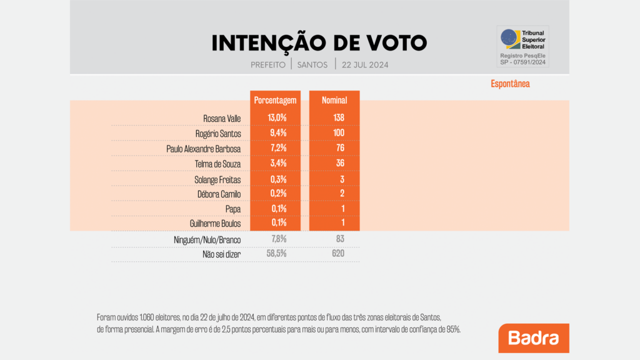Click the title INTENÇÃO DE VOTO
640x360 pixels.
319,42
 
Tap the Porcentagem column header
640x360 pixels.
275,100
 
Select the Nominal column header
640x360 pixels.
334,100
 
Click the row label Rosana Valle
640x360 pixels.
222,117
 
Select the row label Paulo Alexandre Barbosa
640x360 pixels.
204,149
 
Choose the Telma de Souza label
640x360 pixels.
217,164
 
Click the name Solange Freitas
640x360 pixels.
217,179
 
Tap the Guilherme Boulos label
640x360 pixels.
216,222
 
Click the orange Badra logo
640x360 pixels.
533,338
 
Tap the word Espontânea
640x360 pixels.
509,84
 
